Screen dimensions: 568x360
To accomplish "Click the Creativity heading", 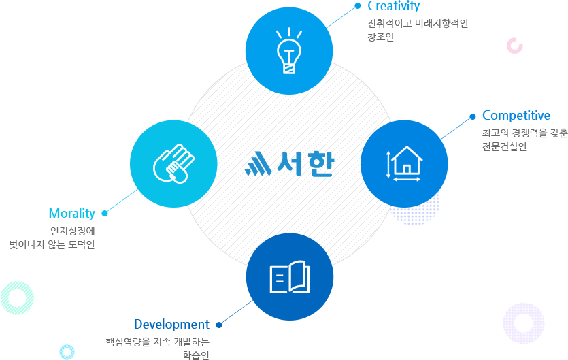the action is (x=393, y=6).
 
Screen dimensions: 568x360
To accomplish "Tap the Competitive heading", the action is (x=516, y=116).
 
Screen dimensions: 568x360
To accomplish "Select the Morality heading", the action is (x=71, y=214).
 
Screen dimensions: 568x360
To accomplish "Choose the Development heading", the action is (x=171, y=324).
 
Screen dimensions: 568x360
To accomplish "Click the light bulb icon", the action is (x=289, y=51).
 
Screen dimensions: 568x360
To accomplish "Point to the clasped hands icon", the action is (x=173, y=163).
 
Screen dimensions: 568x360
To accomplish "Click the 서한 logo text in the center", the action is (x=305, y=164).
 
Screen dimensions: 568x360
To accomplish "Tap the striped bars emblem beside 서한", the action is (x=258, y=163).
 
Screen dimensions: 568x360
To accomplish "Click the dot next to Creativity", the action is (x=358, y=5).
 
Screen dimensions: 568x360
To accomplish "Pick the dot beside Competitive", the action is (x=472, y=116).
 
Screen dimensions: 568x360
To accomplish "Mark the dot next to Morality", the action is (x=105, y=213).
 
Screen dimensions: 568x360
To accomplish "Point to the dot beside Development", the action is (x=219, y=325).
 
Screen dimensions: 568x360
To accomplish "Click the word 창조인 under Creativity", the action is (x=380, y=37).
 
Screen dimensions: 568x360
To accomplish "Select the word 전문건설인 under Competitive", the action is (x=504, y=146).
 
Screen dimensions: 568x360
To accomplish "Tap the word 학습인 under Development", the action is (x=196, y=355).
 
